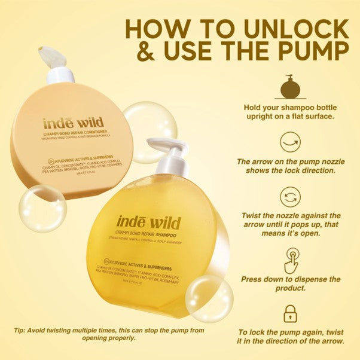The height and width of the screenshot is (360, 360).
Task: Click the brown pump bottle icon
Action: (290, 87)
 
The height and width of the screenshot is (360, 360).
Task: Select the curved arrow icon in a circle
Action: (291, 142)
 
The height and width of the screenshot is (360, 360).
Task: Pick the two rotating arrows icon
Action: (291, 197)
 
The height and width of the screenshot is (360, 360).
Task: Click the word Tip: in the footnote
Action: (20, 330)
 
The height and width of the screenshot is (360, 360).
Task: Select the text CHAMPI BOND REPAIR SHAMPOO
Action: (150, 231)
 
